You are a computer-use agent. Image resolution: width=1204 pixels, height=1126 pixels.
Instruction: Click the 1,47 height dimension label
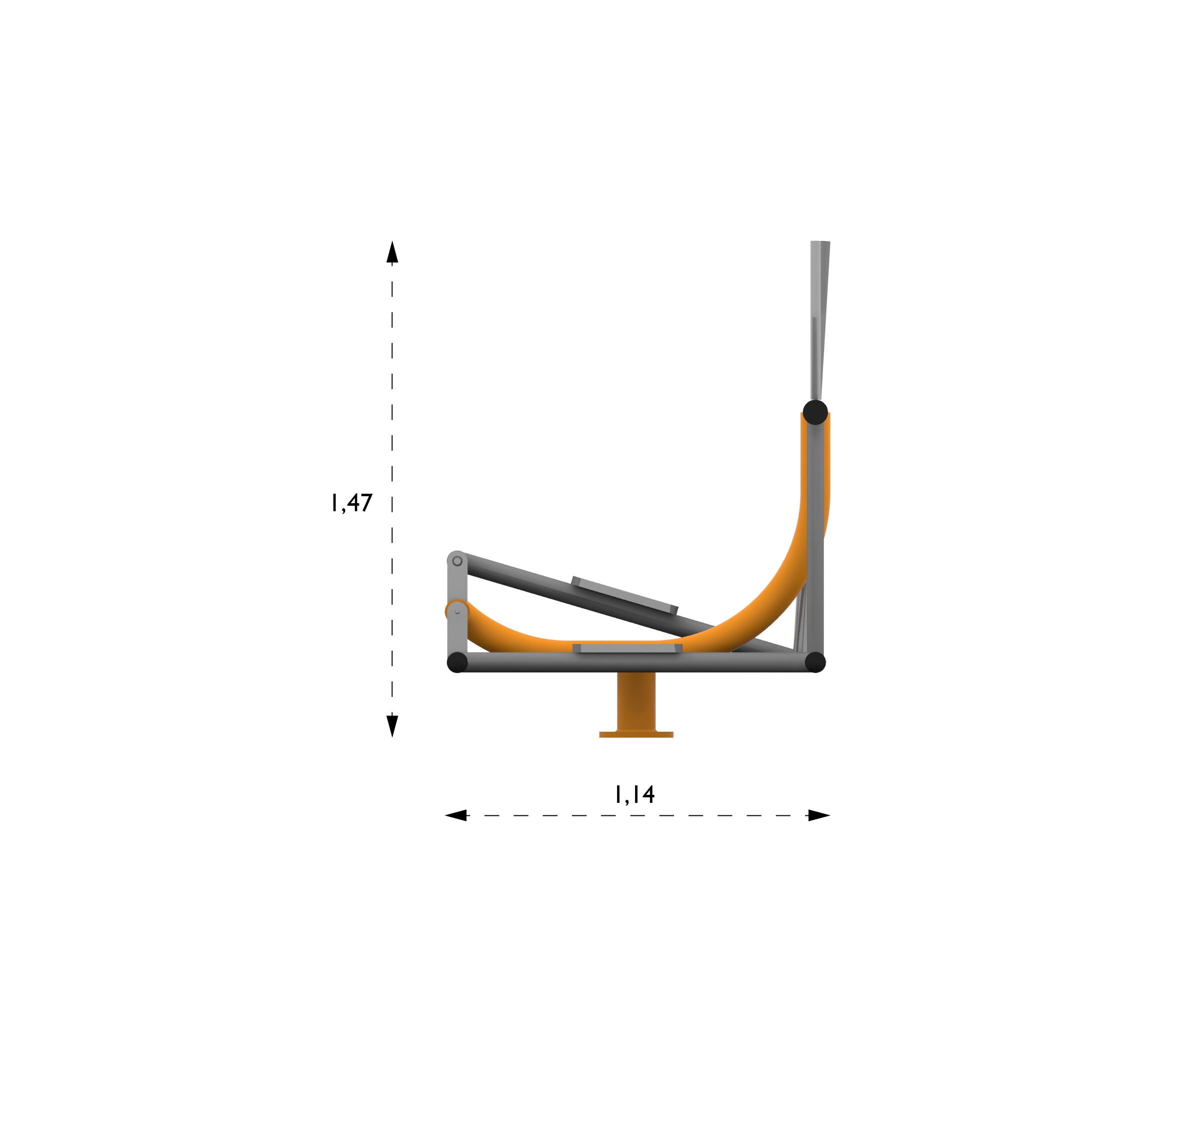[351, 502]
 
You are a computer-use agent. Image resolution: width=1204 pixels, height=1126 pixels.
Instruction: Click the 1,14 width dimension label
[634, 794]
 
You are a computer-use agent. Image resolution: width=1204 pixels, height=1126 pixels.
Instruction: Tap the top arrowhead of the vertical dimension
[392, 252]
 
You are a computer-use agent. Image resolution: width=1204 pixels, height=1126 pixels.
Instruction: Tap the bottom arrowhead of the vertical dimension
[392, 725]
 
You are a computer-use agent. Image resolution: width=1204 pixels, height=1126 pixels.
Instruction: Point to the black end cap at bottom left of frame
[457, 662]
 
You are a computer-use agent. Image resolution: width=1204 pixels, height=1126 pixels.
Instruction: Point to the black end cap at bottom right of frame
[815, 662]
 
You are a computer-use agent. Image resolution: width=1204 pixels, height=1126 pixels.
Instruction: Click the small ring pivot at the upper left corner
[457, 561]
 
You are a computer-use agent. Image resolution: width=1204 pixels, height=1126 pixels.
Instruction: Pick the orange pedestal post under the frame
[636, 701]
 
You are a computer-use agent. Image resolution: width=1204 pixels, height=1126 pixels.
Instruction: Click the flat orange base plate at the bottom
[636, 734]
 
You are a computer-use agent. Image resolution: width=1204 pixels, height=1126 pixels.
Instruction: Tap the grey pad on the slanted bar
[624, 595]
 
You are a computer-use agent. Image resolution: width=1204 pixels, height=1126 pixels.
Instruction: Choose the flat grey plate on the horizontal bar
[627, 648]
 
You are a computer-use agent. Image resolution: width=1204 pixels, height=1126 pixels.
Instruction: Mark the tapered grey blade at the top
[819, 315]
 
